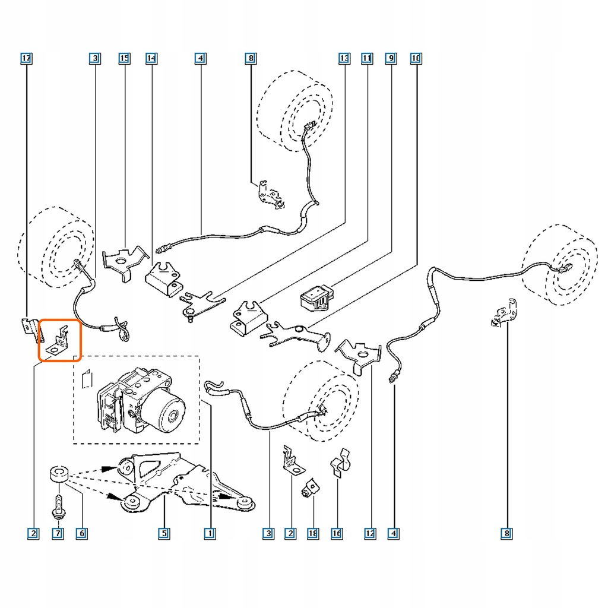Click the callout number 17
click(26, 58)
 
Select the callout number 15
click(124, 58)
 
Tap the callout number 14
click(151, 58)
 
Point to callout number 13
click(344, 58)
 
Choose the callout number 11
click(367, 58)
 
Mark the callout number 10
click(416, 58)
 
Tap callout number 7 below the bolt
click(58, 534)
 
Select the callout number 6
click(81, 534)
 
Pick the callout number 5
click(163, 534)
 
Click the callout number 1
click(208, 534)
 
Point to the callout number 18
click(313, 534)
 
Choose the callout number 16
click(337, 534)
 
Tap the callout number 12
click(370, 534)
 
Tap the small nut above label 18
click(308, 490)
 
